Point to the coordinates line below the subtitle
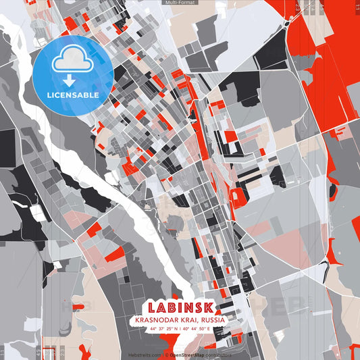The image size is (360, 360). [180, 329]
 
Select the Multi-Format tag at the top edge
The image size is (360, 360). [180, 3]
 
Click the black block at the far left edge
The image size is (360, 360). [7, 145]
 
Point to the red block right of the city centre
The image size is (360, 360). [238, 197]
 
